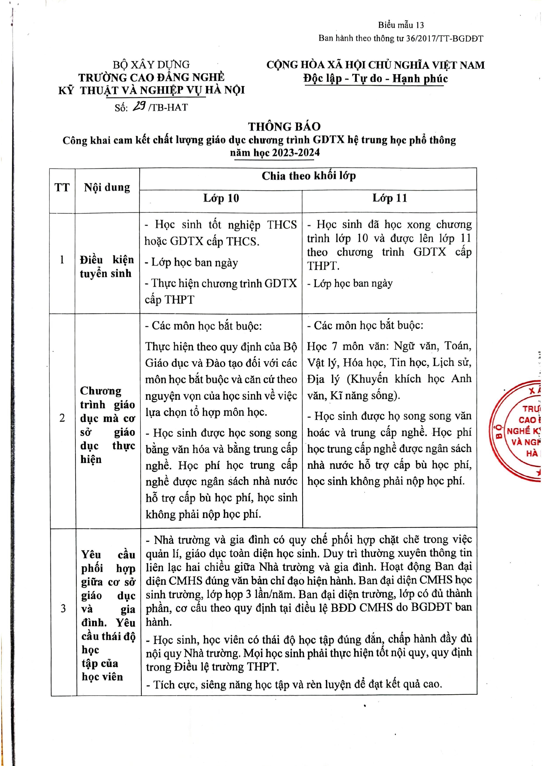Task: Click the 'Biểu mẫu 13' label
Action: pos(401,25)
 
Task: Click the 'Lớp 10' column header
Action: pos(221,198)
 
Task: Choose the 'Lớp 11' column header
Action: pos(390,198)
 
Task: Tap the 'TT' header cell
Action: pos(62,188)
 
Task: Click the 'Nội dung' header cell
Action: pos(107,188)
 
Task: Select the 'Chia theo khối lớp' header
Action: pos(308,176)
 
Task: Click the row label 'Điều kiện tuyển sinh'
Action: pos(107,266)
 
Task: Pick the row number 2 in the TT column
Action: pos(62,418)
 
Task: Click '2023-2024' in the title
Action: pos(296,153)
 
